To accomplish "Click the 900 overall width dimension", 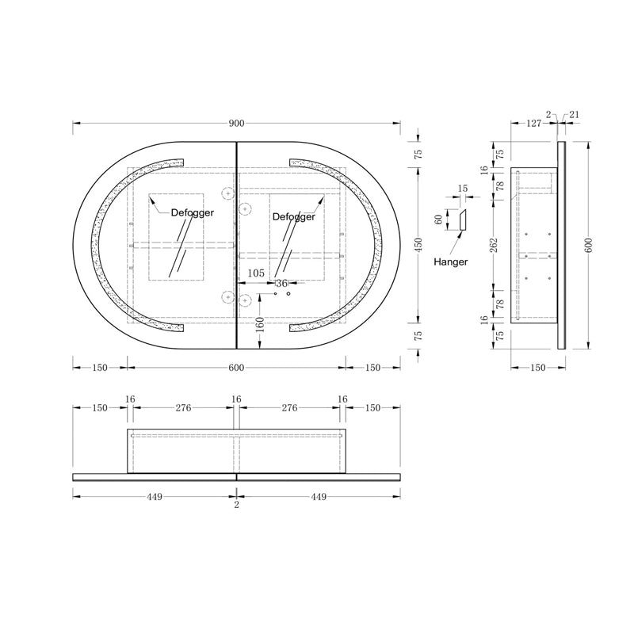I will point(236,123).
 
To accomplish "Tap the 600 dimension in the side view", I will point(588,244).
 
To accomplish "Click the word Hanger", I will point(451,262).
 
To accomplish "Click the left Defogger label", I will point(193,212).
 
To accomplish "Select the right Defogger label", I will point(293,216).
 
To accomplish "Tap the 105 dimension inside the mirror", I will point(256,273).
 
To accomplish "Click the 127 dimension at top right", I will point(533,123).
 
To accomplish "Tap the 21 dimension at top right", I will point(575,115).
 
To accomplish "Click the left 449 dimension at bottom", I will point(154,497).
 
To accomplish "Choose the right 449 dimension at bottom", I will point(318,497).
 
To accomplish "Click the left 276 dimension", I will point(183,408).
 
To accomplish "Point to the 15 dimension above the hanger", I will point(463,189).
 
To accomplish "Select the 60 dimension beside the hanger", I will point(437,220).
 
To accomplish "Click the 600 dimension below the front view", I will point(236,367).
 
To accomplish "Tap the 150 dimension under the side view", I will point(538,367).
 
